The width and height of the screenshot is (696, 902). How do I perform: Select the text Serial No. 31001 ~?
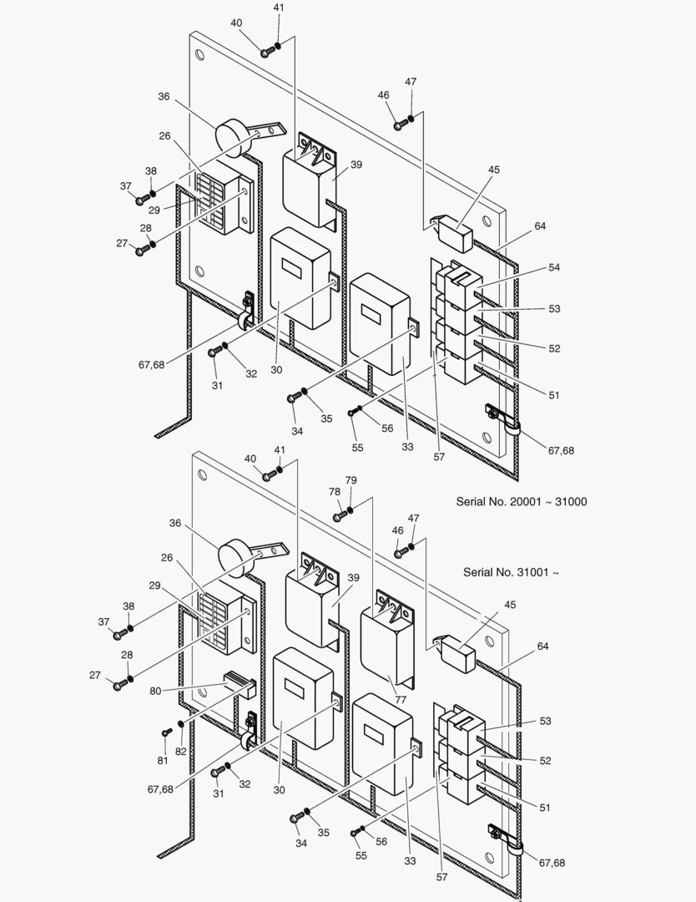pyautogui.click(x=511, y=573)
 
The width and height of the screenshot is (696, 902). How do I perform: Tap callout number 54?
pyautogui.click(x=554, y=266)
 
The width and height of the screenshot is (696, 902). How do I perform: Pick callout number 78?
pyautogui.click(x=335, y=493)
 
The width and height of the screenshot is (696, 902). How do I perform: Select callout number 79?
pyautogui.click(x=351, y=480)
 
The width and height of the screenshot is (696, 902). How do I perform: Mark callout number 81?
pyautogui.click(x=163, y=759)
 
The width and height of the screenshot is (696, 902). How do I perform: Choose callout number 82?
pyautogui.click(x=180, y=752)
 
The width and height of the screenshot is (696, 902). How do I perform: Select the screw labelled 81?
pyautogui.click(x=166, y=732)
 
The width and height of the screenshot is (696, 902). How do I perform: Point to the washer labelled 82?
pyautogui.click(x=180, y=723)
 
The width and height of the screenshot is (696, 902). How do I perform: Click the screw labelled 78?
pyautogui.click(x=339, y=517)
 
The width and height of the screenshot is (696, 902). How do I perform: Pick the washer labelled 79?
pyautogui.click(x=350, y=510)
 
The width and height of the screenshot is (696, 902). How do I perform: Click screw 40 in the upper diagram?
pyautogui.click(x=265, y=53)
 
